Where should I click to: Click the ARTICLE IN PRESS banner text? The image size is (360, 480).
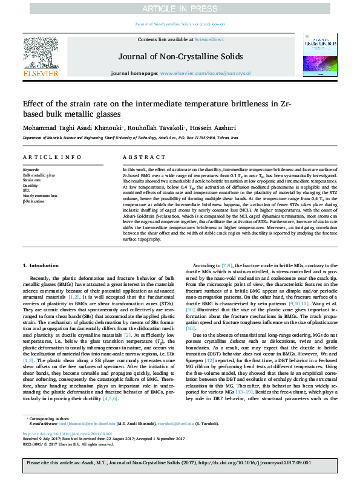point(180,8)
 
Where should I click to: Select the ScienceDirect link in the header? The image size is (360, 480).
point(209,39)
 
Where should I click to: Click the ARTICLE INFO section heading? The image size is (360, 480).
point(52,157)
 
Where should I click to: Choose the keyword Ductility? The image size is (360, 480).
point(31,186)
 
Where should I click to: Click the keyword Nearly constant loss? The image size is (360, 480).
point(40,196)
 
